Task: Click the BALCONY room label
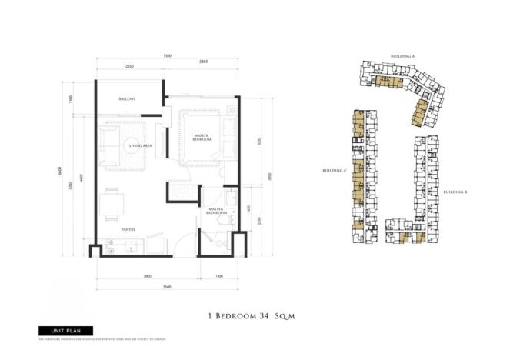pyautogui.click(x=127, y=99)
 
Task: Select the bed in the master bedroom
pyautogui.click(x=202, y=138)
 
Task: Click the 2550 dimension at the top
pyautogui.click(x=129, y=67)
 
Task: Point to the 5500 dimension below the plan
pyautogui.click(x=167, y=287)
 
